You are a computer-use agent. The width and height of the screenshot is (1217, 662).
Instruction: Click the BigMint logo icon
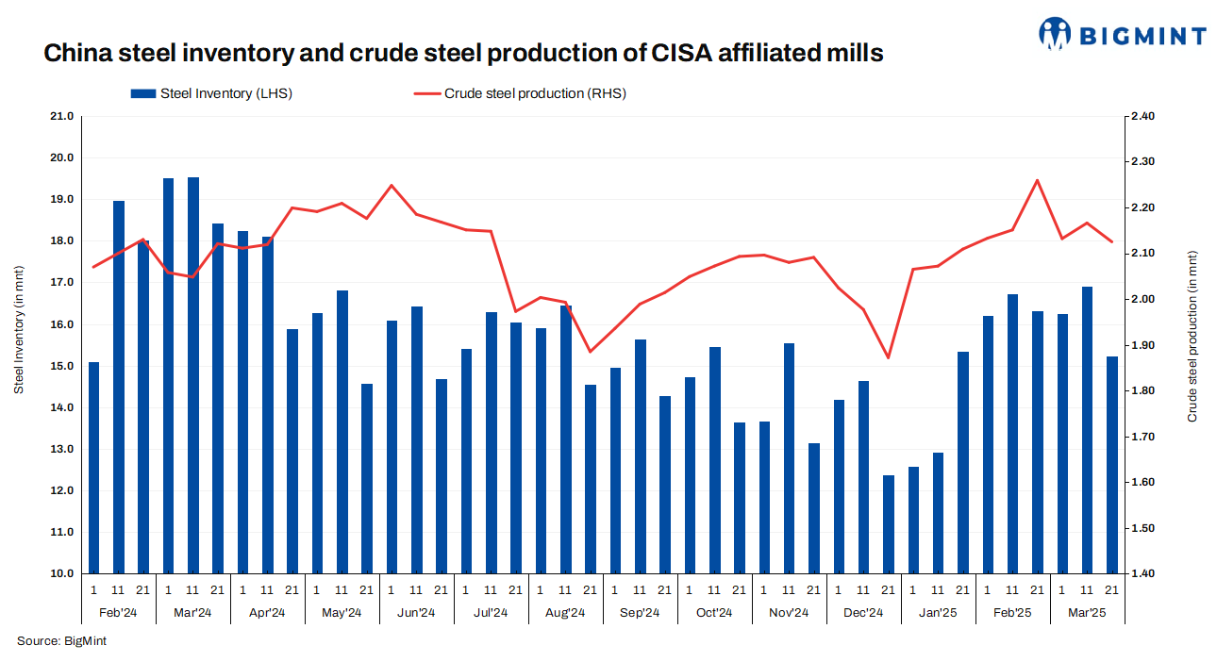click(x=1057, y=34)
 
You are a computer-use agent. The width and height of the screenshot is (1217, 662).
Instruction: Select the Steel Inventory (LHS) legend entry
click(x=212, y=93)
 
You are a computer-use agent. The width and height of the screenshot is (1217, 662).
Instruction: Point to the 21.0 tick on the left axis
click(x=61, y=117)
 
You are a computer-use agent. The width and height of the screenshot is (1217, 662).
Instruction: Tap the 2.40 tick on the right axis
click(x=1142, y=117)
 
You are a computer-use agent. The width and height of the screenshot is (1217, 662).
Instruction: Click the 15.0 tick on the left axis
click(x=61, y=366)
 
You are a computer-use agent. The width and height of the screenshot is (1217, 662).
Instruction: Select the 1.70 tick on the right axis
click(x=1142, y=437)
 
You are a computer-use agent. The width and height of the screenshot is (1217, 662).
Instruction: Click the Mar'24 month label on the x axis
click(x=192, y=613)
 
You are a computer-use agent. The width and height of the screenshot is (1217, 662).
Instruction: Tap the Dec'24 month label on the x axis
click(x=862, y=613)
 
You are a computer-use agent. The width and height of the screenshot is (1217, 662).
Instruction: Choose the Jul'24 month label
click(x=491, y=613)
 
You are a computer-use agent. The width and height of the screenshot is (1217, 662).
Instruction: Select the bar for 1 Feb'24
click(x=93, y=468)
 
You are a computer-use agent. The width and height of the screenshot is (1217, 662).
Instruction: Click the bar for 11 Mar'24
click(x=193, y=375)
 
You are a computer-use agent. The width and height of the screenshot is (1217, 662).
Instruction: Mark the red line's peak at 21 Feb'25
click(x=1037, y=180)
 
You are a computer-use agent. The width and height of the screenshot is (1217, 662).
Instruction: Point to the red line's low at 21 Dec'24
click(x=888, y=357)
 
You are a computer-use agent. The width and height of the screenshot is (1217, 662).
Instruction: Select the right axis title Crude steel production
click(x=1192, y=344)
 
